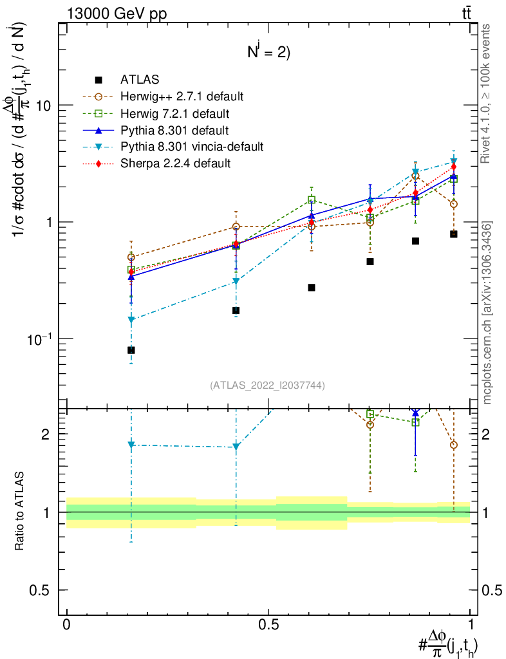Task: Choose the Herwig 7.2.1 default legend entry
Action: pyautogui.click(x=174, y=114)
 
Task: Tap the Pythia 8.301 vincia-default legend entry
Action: pyautogui.click(x=192, y=147)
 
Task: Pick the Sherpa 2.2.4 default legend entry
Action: pyautogui.click(x=175, y=163)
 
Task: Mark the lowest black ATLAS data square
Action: pyautogui.click(x=131, y=350)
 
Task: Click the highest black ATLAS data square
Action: pyautogui.click(x=454, y=234)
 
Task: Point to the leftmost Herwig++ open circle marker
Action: pyautogui.click(x=131, y=257)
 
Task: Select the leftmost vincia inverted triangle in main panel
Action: pyautogui.click(x=131, y=320)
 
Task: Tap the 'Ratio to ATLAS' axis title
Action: pyautogui.click(x=20, y=512)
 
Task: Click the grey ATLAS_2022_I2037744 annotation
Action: pyautogui.click(x=267, y=385)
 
